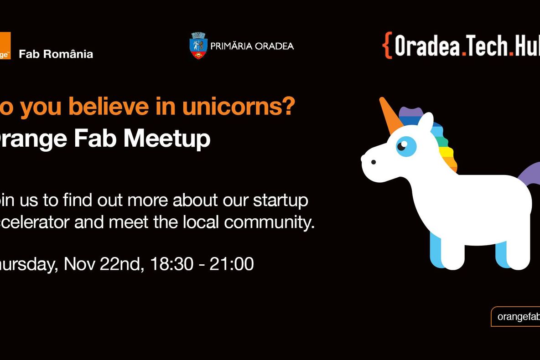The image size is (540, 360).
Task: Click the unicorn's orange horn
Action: (x=390, y=116)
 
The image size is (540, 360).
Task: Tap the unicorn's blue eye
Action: (x=405, y=146)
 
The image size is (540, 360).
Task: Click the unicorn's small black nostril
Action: (x=374, y=162)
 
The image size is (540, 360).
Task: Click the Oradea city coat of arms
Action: (x=198, y=46)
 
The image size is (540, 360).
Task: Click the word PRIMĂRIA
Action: (x=232, y=46)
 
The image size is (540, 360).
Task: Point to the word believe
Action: (x=109, y=107)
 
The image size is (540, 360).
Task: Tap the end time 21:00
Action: (x=232, y=264)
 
